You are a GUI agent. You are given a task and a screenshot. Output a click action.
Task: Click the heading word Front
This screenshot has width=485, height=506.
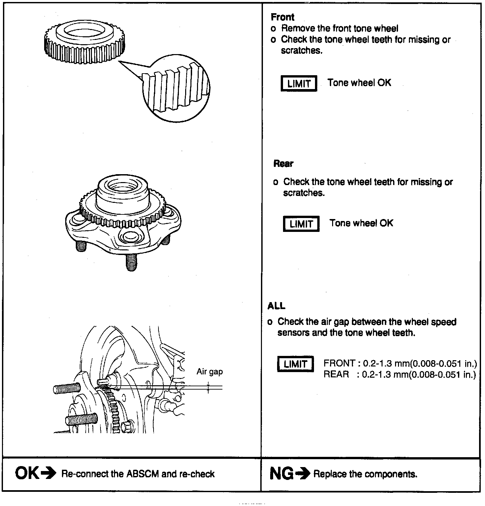point(282,17)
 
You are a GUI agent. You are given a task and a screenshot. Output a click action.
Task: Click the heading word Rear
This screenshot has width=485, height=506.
point(283,164)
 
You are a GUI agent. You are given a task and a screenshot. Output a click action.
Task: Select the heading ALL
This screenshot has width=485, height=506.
point(276,306)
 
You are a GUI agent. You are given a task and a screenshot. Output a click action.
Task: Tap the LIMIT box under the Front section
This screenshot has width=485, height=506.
point(299,83)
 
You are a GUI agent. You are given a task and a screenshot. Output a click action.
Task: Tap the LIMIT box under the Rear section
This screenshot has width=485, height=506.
point(301,224)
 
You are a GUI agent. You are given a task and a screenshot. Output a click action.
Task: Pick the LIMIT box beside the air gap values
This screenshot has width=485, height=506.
point(295,364)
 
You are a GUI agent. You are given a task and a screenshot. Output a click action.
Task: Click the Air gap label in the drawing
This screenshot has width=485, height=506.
point(210,372)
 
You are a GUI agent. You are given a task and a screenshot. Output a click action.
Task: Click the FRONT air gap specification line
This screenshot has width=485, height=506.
point(400,364)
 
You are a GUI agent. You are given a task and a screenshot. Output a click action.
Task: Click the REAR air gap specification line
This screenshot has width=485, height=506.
point(400,374)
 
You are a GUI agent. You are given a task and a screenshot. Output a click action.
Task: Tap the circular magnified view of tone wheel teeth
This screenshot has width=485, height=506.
point(177,88)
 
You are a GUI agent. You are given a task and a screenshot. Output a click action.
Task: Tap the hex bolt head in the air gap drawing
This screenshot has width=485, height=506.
point(127,427)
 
